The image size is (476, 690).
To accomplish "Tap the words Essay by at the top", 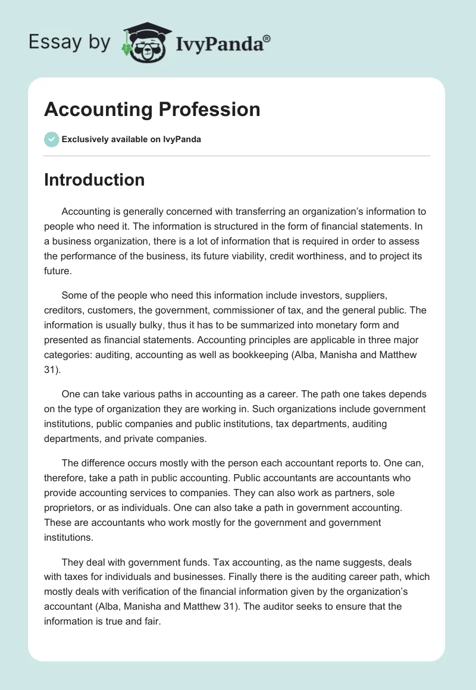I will tap(70, 42).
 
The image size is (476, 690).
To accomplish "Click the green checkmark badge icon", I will tap(51, 139).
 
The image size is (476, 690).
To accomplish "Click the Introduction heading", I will tap(94, 180).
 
